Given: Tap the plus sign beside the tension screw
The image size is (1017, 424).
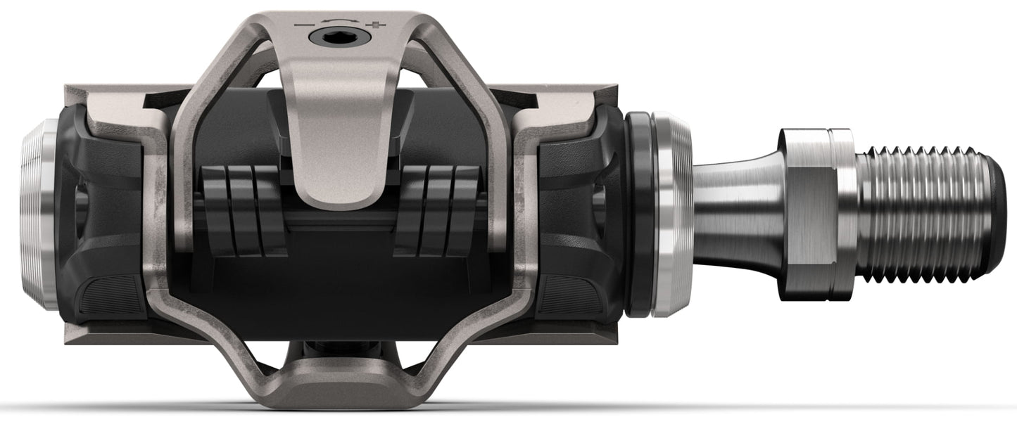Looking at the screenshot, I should pos(381,25).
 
